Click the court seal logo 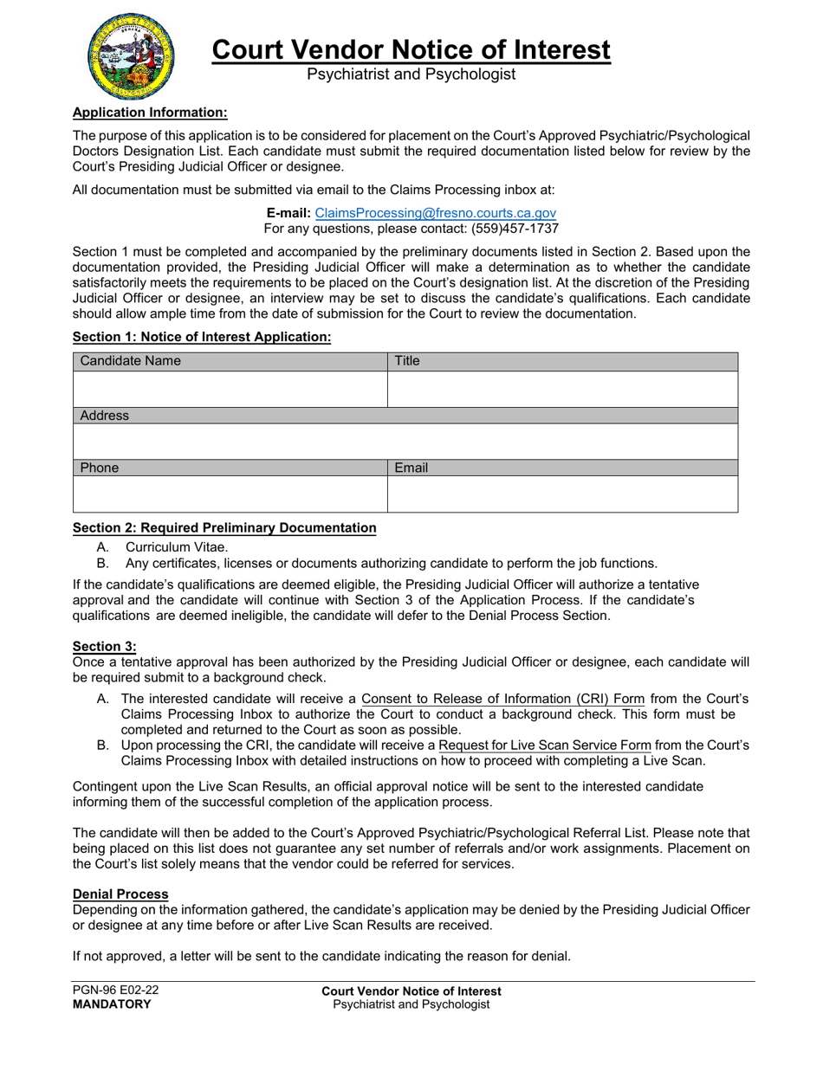[130, 56]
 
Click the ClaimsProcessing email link [435, 213]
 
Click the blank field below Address [405, 441]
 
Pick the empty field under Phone [230, 494]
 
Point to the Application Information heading [150, 112]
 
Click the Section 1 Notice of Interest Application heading [202, 337]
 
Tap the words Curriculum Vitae [177, 546]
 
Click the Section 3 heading [105, 646]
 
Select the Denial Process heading [120, 894]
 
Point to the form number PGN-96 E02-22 [116, 991]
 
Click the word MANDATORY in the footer [112, 1004]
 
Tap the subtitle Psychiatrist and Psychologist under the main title [411, 74]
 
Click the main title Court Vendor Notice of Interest [411, 49]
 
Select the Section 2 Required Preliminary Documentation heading [224, 527]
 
